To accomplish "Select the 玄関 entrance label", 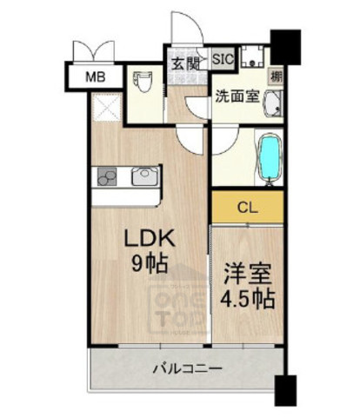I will [183, 64].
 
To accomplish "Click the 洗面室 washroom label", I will [237, 97].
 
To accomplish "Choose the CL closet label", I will [246, 208].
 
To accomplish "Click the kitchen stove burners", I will [109, 176].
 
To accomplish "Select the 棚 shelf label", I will [275, 77].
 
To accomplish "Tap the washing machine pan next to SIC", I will [253, 59].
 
